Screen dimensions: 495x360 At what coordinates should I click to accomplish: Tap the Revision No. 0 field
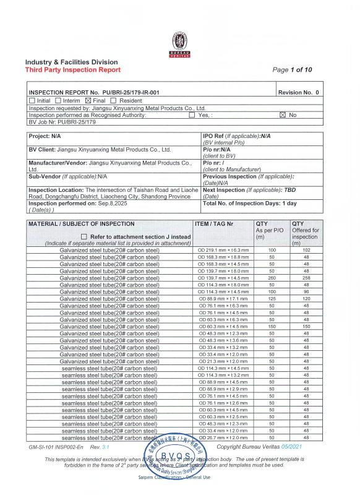[x=299, y=92]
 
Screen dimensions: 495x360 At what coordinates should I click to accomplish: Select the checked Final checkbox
[x=87, y=100]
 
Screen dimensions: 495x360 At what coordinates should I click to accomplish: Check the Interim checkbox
[x=58, y=100]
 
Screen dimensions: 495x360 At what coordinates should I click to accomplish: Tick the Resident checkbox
[x=114, y=100]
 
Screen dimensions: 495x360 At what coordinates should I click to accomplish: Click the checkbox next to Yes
[x=191, y=115]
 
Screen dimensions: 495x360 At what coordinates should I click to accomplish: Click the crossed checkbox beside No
[x=283, y=115]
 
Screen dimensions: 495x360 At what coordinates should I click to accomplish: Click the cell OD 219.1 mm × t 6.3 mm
[x=223, y=250]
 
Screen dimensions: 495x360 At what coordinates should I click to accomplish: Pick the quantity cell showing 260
[x=272, y=278]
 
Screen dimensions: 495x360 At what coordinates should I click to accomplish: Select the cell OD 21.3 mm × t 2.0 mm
[x=223, y=361]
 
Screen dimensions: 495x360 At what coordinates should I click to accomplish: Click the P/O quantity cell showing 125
[x=272, y=299]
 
